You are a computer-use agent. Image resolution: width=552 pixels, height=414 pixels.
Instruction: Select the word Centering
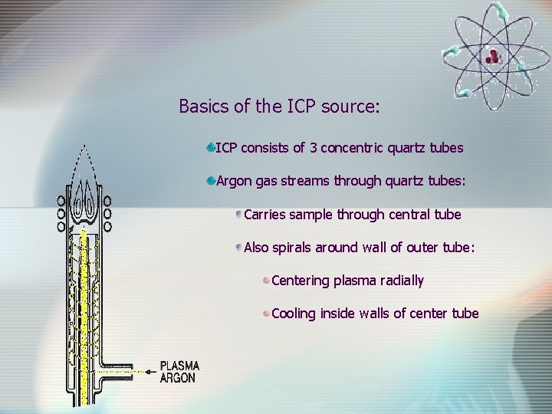[x=300, y=281]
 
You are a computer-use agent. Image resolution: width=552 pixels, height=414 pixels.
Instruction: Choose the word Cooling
[x=294, y=314]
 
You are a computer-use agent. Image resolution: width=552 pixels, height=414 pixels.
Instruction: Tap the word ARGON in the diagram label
[x=178, y=377]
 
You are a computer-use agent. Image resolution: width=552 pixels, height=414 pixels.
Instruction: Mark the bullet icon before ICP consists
[x=210, y=146]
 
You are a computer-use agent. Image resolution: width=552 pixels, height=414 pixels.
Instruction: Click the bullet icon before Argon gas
[x=210, y=181]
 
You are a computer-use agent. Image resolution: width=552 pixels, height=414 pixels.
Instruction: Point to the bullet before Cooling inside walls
[x=266, y=313]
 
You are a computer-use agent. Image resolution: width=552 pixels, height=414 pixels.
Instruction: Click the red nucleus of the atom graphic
[x=493, y=54]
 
